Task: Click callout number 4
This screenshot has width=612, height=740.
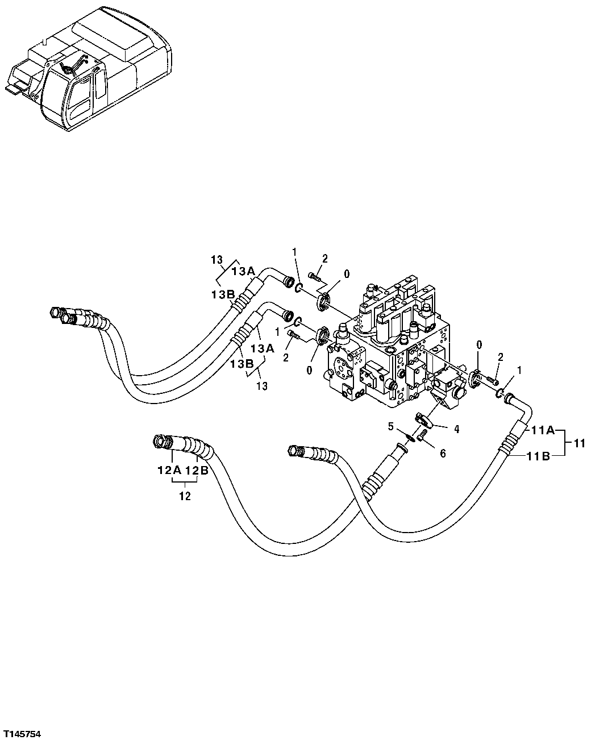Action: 456,429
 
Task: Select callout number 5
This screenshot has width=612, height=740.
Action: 390,425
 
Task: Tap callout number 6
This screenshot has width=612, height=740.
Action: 443,453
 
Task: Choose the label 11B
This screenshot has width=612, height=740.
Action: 537,455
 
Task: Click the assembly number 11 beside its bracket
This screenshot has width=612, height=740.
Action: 578,443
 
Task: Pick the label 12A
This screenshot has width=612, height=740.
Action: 169,471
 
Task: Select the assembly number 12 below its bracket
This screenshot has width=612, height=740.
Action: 185,496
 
